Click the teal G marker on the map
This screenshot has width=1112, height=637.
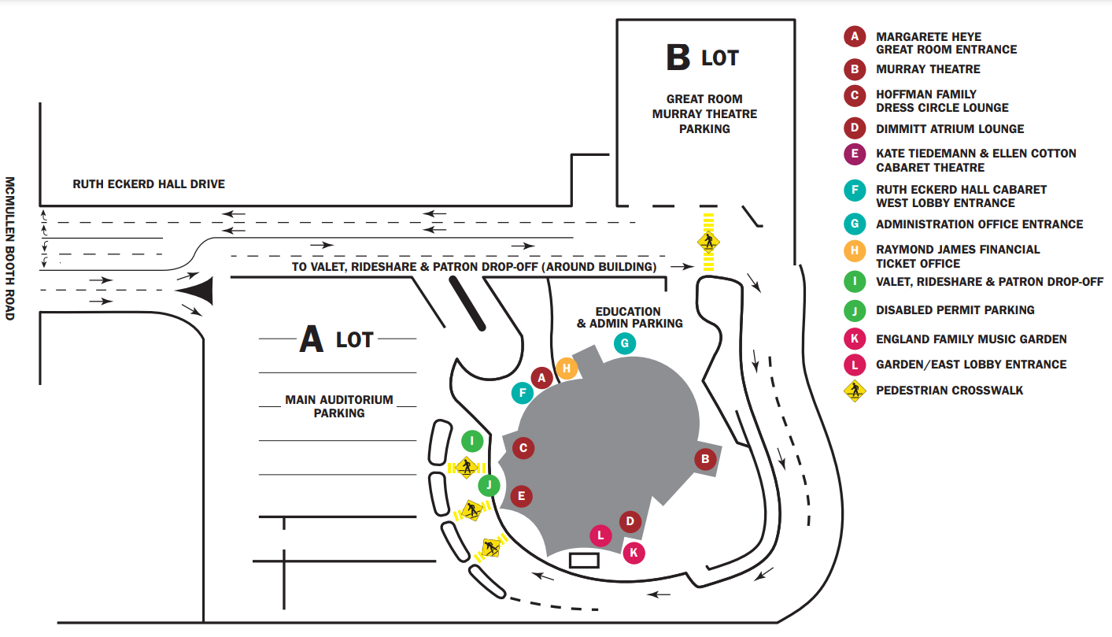pyautogui.click(x=625, y=343)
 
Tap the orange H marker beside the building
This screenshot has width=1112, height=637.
pyautogui.click(x=567, y=368)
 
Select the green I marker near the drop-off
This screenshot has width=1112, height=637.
pyautogui.click(x=472, y=441)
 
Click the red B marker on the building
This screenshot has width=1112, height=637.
pyautogui.click(x=705, y=459)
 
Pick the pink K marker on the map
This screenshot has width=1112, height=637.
pyautogui.click(x=634, y=553)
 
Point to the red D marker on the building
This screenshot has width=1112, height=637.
pyautogui.click(x=630, y=522)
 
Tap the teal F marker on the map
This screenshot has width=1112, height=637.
pyautogui.click(x=523, y=394)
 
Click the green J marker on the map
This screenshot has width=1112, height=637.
pyautogui.click(x=489, y=486)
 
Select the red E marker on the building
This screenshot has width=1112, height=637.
pyautogui.click(x=521, y=496)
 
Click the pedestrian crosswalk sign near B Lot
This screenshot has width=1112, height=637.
pyautogui.click(x=708, y=242)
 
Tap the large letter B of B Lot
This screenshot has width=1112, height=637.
pyautogui.click(x=678, y=57)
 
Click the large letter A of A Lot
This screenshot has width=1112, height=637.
pyautogui.click(x=312, y=339)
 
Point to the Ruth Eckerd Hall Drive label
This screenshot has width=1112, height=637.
pyautogui.click(x=149, y=184)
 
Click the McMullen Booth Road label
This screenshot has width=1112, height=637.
pyautogui.click(x=10, y=249)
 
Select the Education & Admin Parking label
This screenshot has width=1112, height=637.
pyautogui.click(x=630, y=317)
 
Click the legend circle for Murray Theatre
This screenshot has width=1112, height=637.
pyautogui.click(x=855, y=69)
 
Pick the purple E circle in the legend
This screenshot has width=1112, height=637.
pyautogui.click(x=855, y=154)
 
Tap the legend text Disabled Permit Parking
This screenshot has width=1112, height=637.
pyautogui.click(x=955, y=310)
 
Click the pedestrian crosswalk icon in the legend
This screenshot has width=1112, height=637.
pyautogui.click(x=855, y=391)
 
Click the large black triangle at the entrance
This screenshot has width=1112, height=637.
pyautogui.click(x=198, y=291)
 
